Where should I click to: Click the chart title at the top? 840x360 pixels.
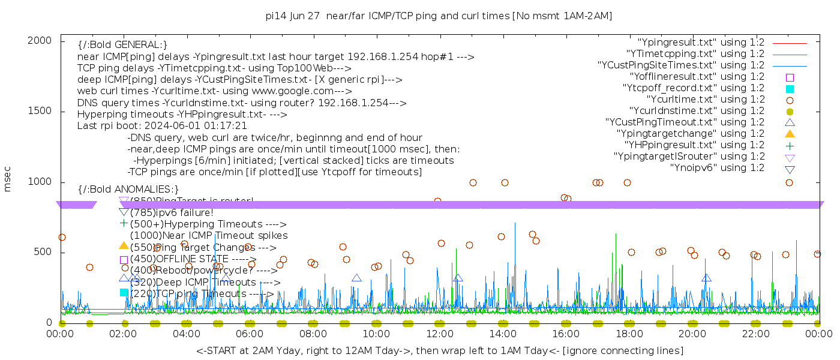[x=439, y=16]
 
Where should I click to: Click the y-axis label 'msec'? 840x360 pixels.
[x=8, y=179]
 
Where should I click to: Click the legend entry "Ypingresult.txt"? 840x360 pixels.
[x=701, y=43]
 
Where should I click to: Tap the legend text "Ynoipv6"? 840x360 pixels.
[x=717, y=167]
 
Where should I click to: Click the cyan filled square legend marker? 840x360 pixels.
[x=790, y=88]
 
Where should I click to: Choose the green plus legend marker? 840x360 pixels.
[x=790, y=145]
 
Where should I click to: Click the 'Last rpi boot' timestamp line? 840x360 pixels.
[x=162, y=126]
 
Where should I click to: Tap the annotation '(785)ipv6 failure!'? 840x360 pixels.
[x=172, y=212]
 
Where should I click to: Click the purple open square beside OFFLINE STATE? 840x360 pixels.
[x=124, y=260]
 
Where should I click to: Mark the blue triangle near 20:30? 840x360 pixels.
[x=706, y=277]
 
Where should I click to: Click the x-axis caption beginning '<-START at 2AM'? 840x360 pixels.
[x=440, y=350]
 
